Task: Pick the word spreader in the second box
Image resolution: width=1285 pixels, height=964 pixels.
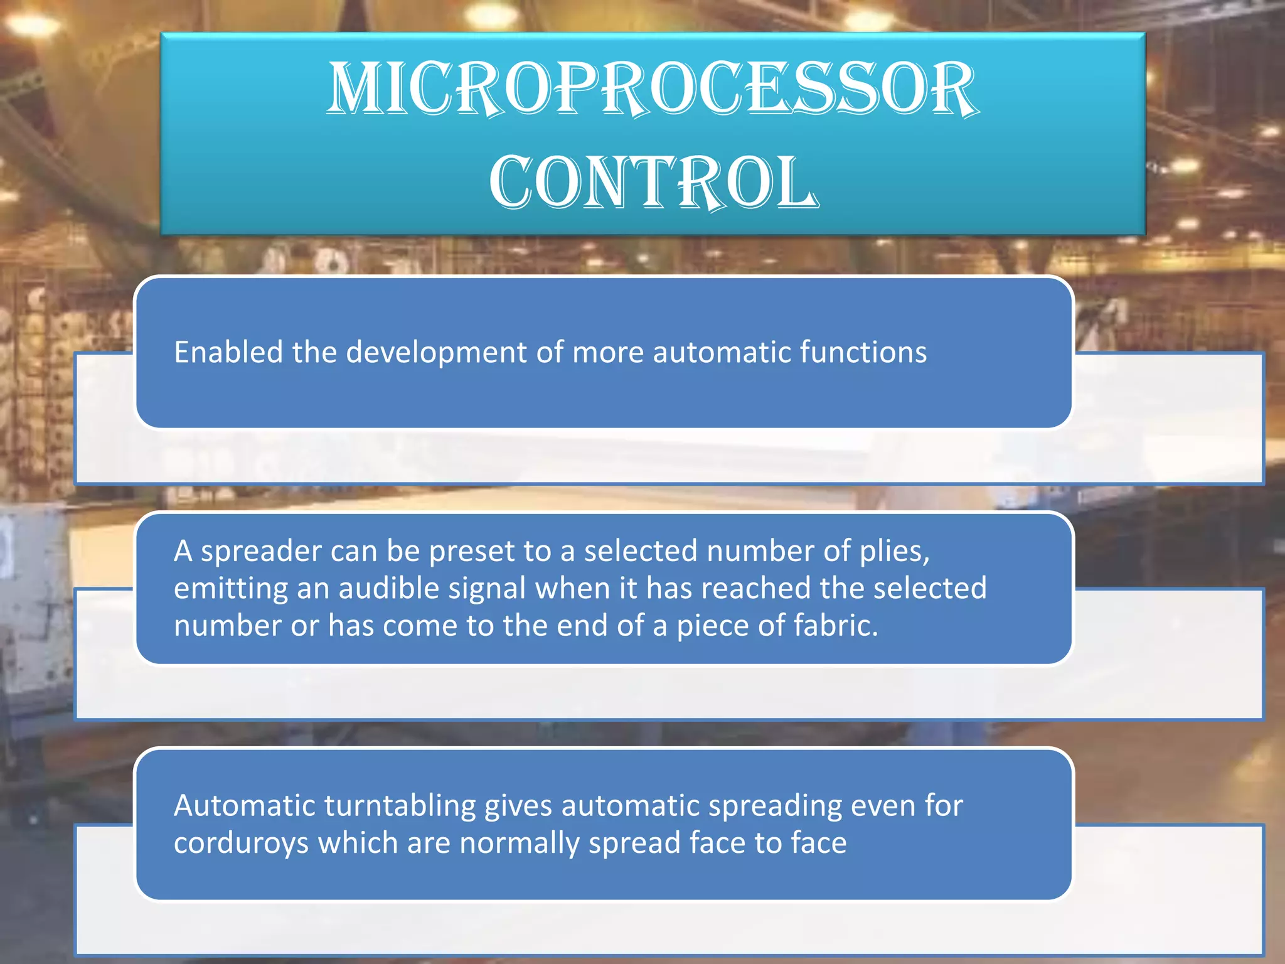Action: point(260,552)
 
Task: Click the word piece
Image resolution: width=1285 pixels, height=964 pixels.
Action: point(712,627)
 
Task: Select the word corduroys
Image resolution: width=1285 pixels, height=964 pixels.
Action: point(241,843)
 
